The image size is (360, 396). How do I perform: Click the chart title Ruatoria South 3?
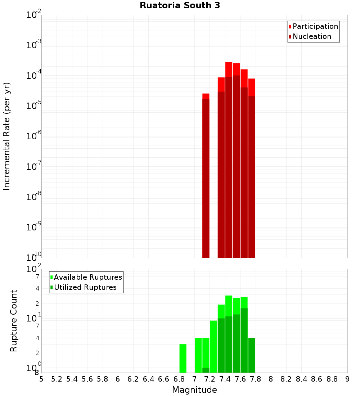(180, 5)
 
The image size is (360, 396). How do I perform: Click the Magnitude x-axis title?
(194, 390)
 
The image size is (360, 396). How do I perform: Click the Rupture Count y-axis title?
(14, 320)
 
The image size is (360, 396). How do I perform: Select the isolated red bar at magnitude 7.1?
(206, 176)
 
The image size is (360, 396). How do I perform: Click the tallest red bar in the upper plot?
(229, 158)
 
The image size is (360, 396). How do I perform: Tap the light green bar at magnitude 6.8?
(183, 358)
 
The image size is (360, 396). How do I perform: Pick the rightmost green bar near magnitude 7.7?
(252, 355)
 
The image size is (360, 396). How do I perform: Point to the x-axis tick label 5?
(41, 379)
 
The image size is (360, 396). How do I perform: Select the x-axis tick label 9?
(347, 379)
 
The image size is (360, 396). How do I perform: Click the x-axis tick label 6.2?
(133, 379)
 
